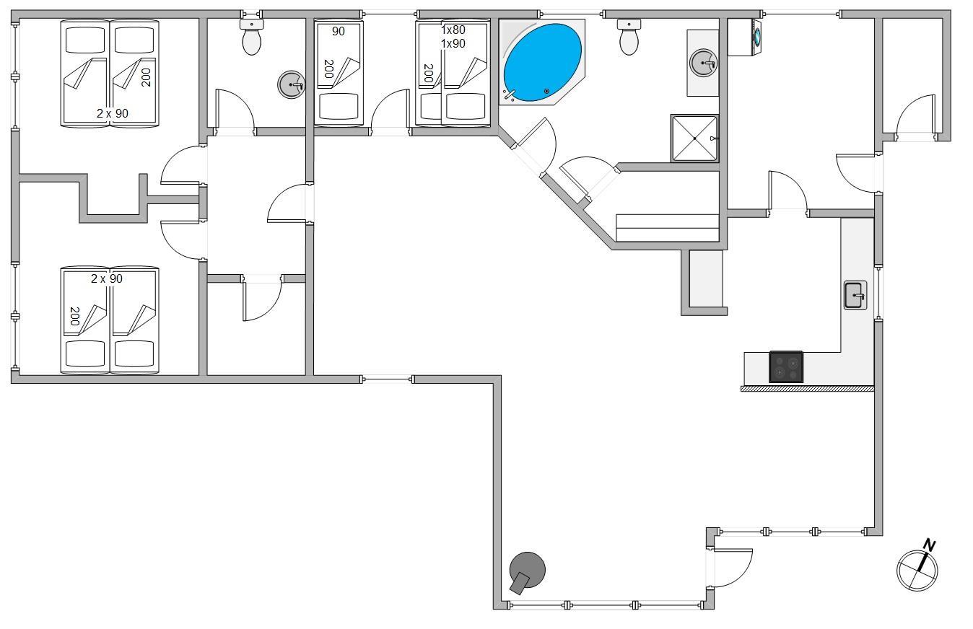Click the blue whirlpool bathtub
(543, 62)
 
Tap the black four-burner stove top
(786, 367)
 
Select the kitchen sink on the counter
(855, 295)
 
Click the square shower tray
(694, 138)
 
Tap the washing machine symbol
(746, 38)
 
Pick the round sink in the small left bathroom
(291, 84)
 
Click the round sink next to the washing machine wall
(703, 63)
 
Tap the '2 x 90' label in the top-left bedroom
(113, 114)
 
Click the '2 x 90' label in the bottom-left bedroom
(107, 278)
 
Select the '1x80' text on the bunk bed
(453, 30)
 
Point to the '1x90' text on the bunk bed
(453, 43)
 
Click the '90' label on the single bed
(339, 31)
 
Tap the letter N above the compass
(929, 545)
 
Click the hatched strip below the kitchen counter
(808, 389)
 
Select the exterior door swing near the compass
(733, 568)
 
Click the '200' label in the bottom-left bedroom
(75, 317)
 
